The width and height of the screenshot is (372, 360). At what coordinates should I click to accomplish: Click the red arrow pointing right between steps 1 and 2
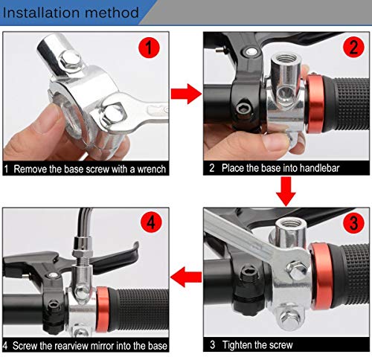pos(185,95)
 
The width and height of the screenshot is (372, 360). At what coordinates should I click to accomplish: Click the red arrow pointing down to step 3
pos(285,195)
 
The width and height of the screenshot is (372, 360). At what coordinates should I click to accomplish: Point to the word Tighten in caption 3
pos(242,345)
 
